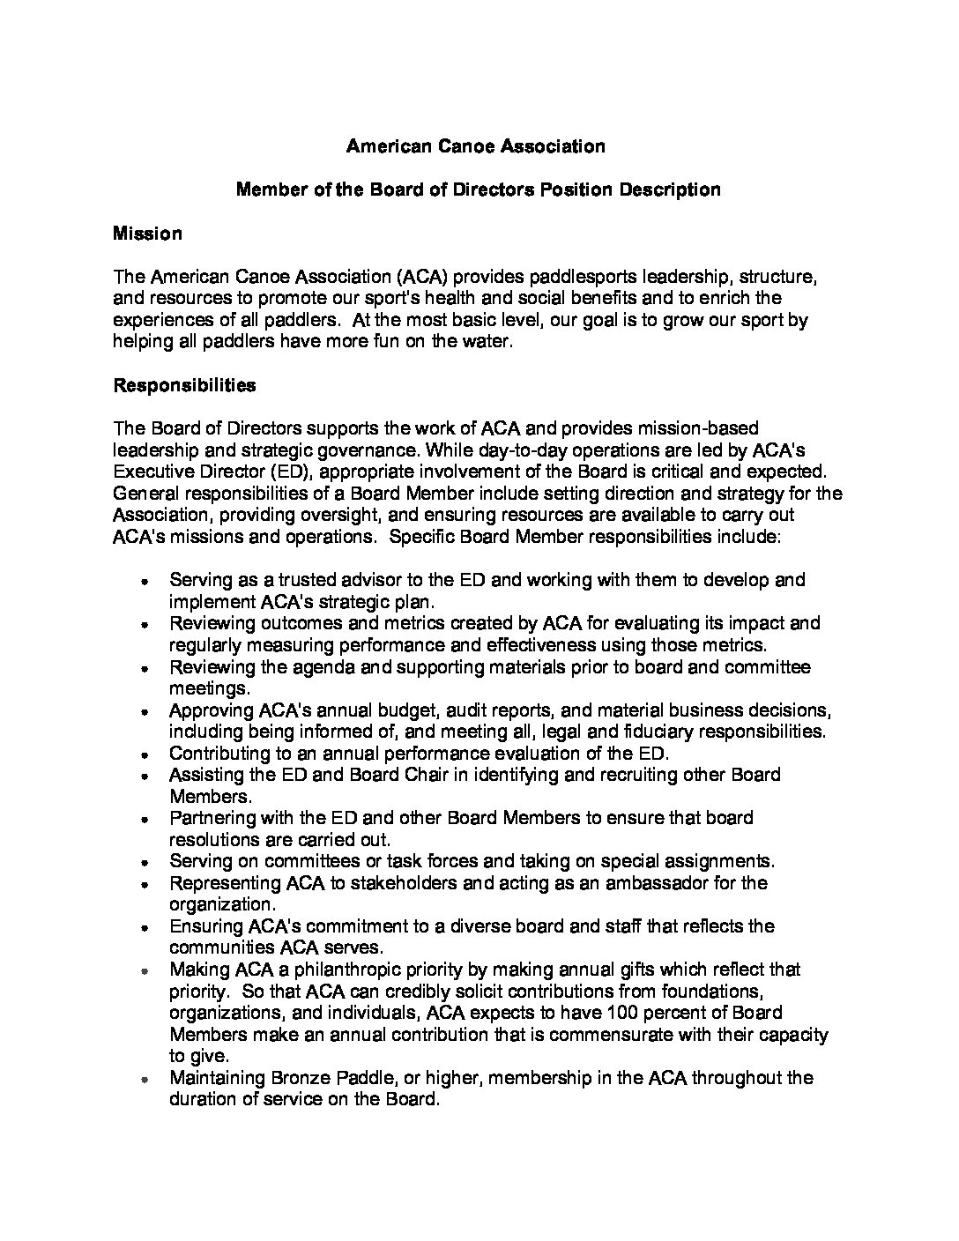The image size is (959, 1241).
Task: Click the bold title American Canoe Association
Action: (475, 146)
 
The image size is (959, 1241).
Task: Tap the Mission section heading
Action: (147, 234)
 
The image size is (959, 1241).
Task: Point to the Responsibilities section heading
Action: (184, 385)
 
